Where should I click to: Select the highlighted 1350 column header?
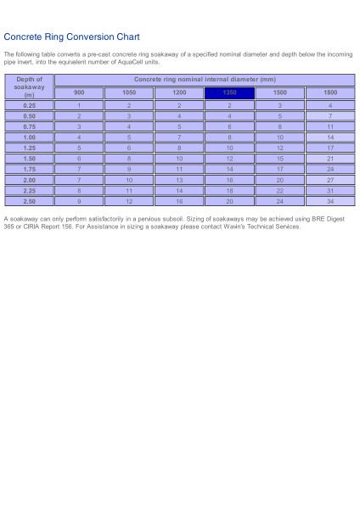(230, 92)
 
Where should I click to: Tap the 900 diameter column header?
(79, 92)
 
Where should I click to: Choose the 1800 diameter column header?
(330, 92)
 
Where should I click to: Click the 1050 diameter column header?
(129, 92)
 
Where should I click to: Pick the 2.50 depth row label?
(30, 202)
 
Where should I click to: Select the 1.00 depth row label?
(30, 137)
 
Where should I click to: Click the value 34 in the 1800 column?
(330, 202)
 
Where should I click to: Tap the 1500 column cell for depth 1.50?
(280, 159)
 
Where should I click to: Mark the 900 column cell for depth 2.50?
(79, 202)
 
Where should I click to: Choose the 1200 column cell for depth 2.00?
(179, 180)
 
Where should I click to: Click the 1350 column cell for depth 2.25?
(230, 191)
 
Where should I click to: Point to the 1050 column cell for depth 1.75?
(129, 169)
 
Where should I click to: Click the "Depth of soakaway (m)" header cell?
(30, 86)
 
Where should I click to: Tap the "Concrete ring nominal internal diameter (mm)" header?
(205, 79)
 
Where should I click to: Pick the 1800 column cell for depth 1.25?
(330, 148)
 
